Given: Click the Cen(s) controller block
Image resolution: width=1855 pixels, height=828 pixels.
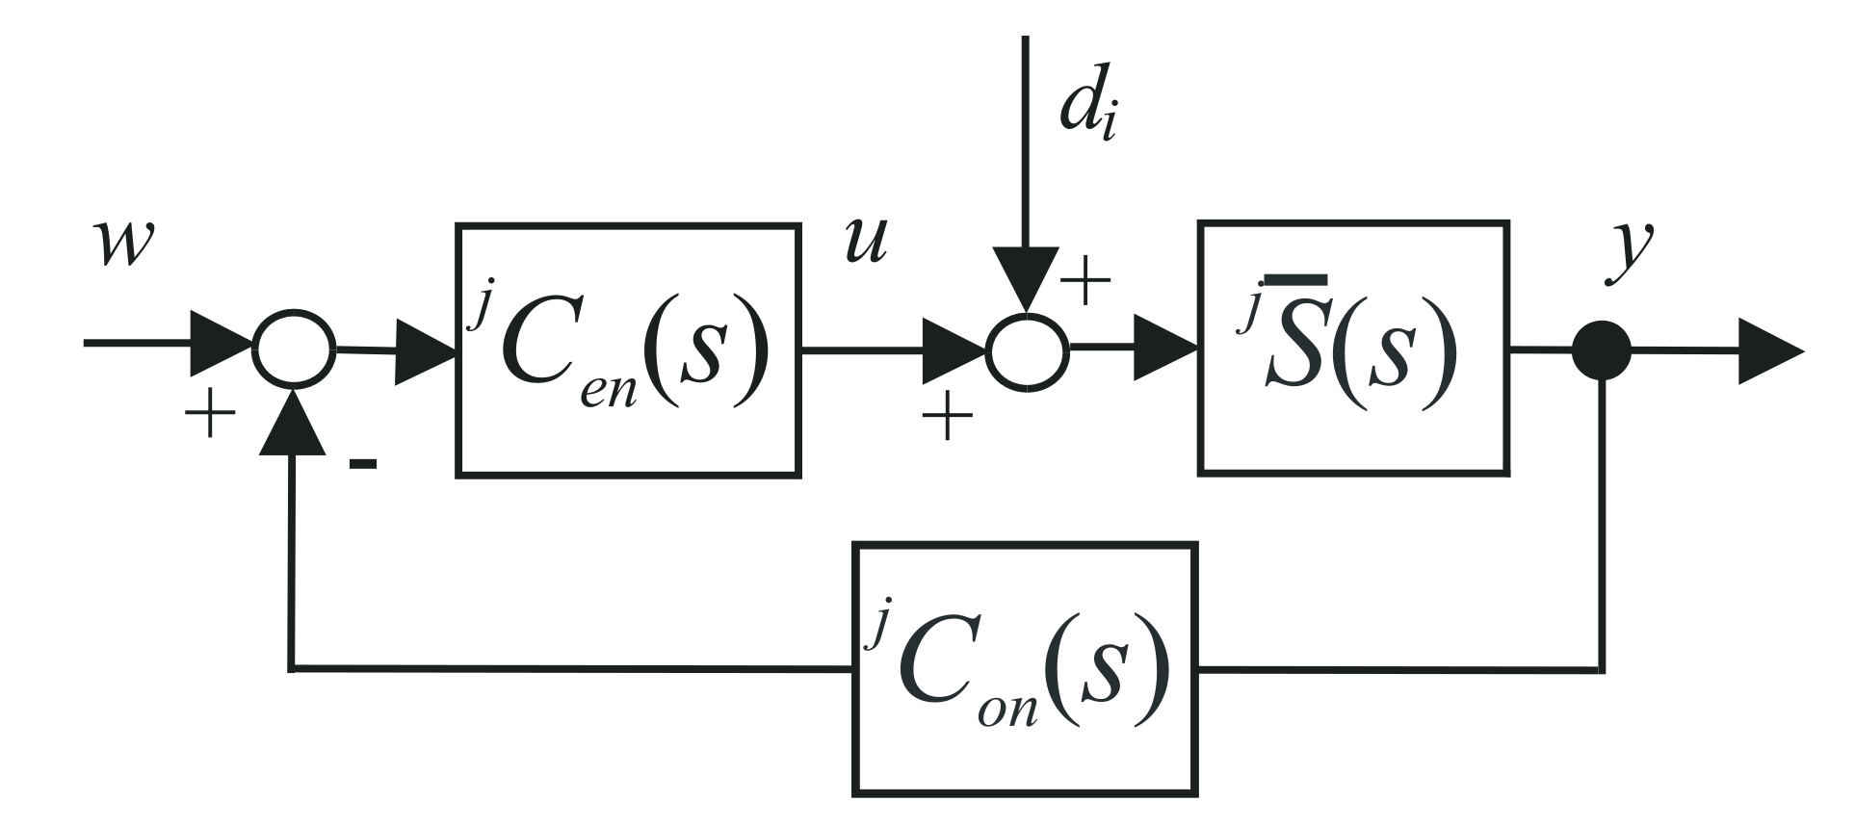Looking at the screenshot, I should coord(628,349).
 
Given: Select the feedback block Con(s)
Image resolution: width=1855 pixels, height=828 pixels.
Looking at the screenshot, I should coord(1024,669).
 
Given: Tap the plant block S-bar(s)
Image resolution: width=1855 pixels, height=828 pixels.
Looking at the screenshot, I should coord(1352,349).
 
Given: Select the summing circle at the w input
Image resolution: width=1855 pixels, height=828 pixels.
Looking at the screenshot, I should coord(293,349).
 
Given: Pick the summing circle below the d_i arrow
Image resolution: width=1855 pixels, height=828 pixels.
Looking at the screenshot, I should coord(1028,350).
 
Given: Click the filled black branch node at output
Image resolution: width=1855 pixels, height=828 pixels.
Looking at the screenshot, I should coord(1601,350).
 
